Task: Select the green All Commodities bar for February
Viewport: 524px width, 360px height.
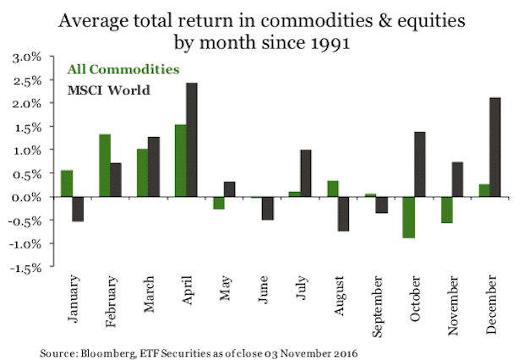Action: [105, 166]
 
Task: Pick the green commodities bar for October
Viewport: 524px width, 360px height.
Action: [409, 217]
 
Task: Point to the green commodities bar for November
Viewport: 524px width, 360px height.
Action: [446, 210]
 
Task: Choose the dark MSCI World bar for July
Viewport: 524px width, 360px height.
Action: [305, 173]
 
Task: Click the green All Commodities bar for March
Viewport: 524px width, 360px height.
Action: [142, 173]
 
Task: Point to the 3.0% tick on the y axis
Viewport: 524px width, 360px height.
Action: [28, 57]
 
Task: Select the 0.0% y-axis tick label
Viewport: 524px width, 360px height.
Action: [28, 197]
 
